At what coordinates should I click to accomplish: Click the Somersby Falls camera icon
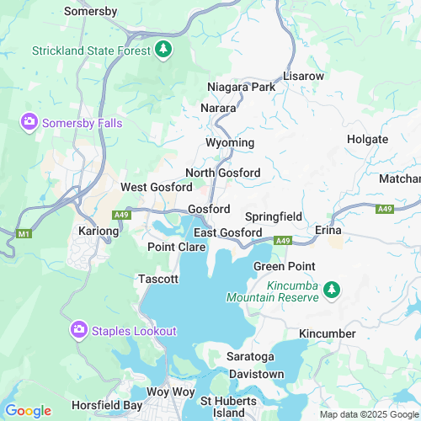pyautogui.click(x=29, y=123)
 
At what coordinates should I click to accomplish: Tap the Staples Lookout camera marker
pyautogui.click(x=78, y=329)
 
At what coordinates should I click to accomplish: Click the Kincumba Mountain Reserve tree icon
pyautogui.click(x=333, y=290)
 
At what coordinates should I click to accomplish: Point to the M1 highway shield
pyautogui.click(x=24, y=233)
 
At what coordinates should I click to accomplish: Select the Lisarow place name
pyautogui.click(x=303, y=76)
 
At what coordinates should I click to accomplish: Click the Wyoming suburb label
pyautogui.click(x=230, y=142)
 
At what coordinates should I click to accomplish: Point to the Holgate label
pyautogui.click(x=367, y=139)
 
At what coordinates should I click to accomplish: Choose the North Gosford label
pyautogui.click(x=222, y=173)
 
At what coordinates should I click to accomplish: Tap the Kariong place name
pyautogui.click(x=99, y=231)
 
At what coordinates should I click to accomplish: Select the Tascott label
pyautogui.click(x=158, y=279)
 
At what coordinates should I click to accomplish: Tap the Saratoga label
pyautogui.click(x=250, y=356)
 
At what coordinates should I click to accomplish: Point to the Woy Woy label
pyautogui.click(x=170, y=392)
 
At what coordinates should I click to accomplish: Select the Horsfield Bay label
pyautogui.click(x=107, y=405)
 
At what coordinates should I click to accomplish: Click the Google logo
pyautogui.click(x=28, y=410)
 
